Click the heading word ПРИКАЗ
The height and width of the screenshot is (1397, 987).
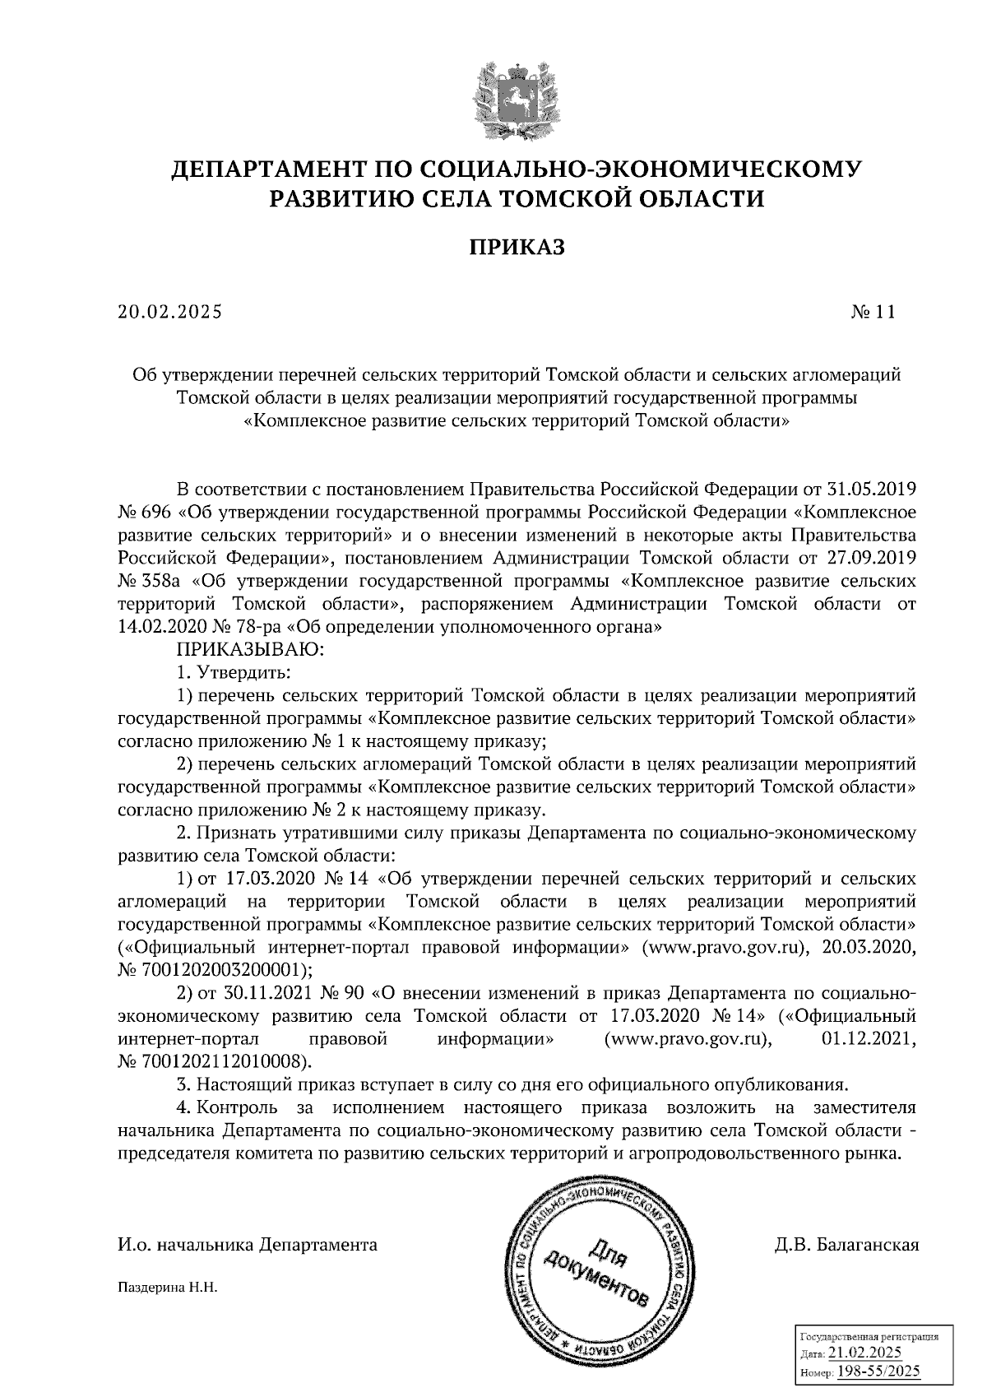517,247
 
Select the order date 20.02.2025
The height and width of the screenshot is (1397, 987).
170,313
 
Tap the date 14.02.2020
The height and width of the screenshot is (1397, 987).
164,629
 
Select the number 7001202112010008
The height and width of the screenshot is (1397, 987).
225,1062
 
